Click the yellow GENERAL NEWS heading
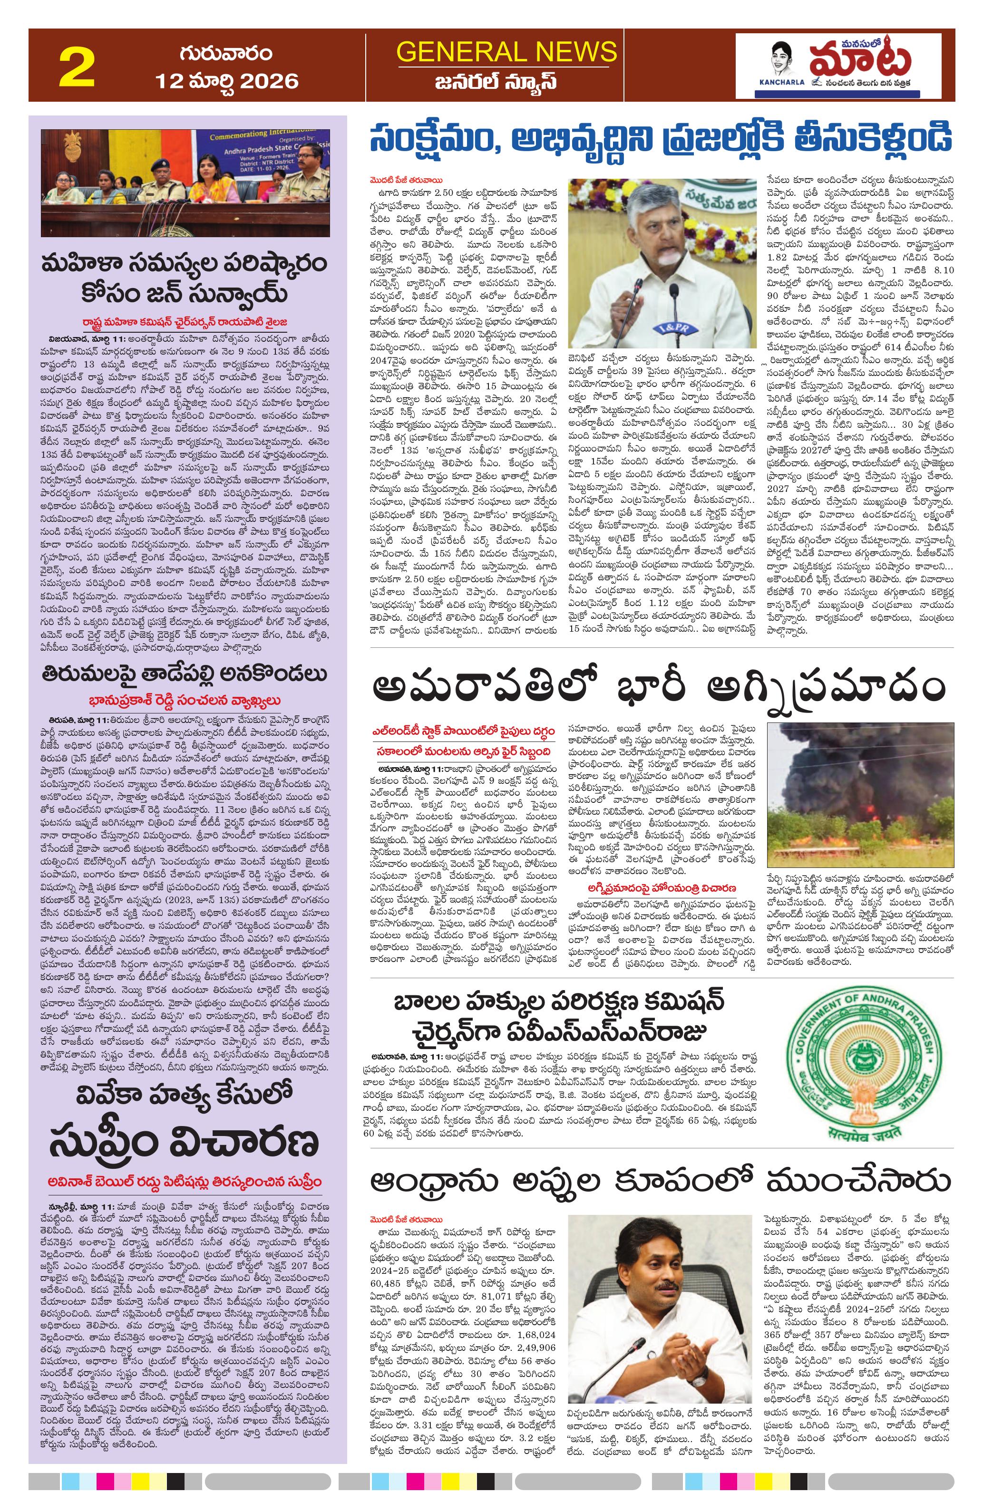[x=506, y=52]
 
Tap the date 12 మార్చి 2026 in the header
[x=227, y=80]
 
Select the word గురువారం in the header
[x=225, y=52]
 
